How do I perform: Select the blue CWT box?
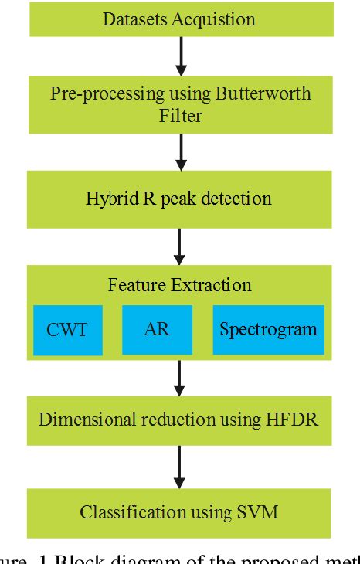click(x=67, y=329)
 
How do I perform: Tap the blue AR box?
click(x=157, y=329)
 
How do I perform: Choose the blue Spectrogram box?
click(x=268, y=329)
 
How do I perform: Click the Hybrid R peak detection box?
click(x=179, y=199)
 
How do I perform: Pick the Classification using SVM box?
click(x=179, y=511)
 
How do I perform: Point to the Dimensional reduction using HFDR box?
click(x=179, y=420)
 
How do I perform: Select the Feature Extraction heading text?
click(x=179, y=285)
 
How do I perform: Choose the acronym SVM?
click(x=260, y=511)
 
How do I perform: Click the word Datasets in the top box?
click(x=134, y=19)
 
